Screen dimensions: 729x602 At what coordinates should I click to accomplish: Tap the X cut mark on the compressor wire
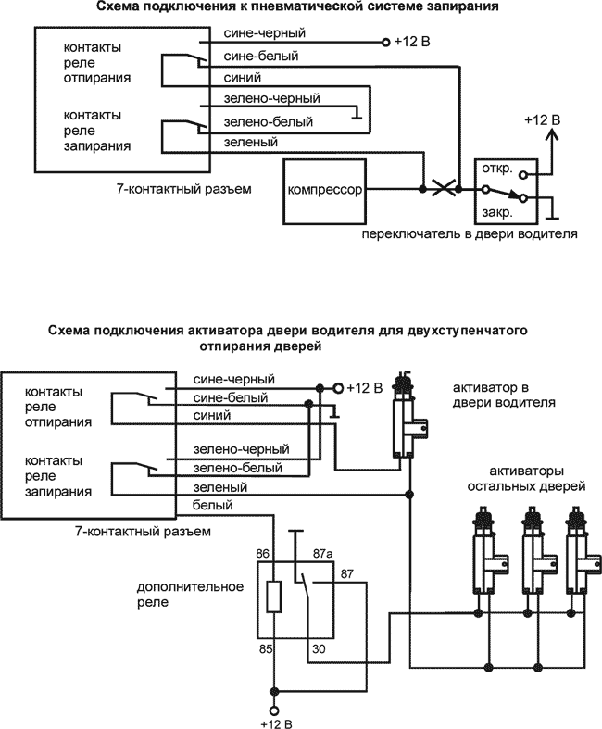point(445,189)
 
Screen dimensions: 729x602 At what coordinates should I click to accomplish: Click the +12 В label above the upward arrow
point(542,120)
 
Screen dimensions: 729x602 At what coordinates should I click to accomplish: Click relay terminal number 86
point(265,553)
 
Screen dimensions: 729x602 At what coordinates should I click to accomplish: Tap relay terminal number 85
point(265,648)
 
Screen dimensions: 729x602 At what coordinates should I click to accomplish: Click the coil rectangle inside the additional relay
point(273,597)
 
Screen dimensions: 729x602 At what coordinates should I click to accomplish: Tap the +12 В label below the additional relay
point(274,721)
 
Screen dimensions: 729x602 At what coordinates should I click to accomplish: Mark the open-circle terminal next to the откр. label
point(523,173)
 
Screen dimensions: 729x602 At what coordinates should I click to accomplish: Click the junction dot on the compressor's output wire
point(423,189)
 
